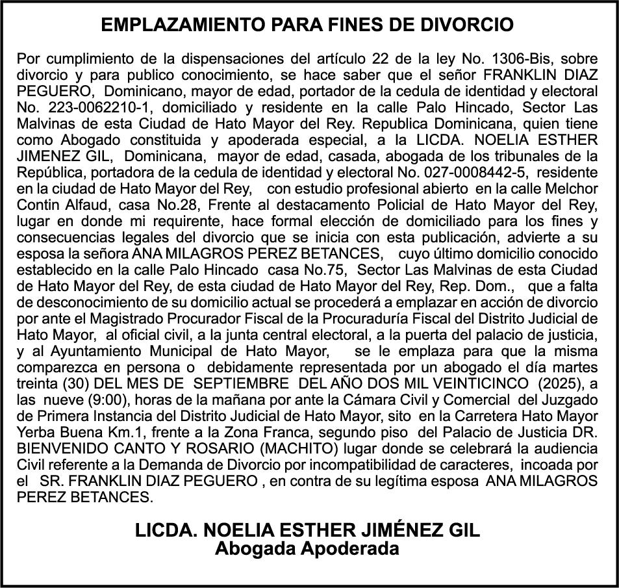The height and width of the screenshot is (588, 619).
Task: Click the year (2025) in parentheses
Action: tap(554, 384)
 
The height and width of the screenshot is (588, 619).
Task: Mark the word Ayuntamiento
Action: tap(90, 352)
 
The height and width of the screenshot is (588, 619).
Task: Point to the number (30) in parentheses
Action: tap(71, 384)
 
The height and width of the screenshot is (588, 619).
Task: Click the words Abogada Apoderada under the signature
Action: tap(307, 549)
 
